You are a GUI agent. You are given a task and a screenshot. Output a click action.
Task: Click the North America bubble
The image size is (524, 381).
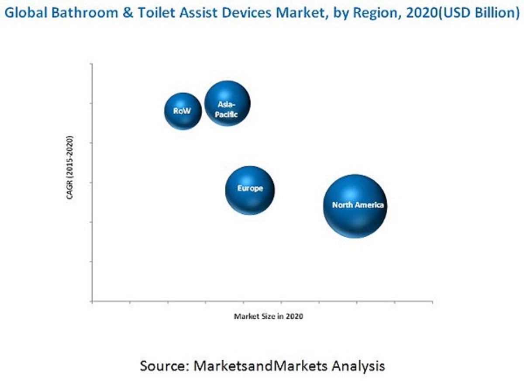coord(355,206)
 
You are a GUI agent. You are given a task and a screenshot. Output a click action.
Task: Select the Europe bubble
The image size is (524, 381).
coord(250,190)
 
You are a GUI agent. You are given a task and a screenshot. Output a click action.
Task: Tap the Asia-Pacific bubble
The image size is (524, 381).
coord(227,104)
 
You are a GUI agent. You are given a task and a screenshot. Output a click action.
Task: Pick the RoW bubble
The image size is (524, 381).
coord(183,111)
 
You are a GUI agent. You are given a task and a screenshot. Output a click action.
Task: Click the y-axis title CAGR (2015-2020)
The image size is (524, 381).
coord(70,168)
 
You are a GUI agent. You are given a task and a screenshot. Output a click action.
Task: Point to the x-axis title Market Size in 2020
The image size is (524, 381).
coord(268,317)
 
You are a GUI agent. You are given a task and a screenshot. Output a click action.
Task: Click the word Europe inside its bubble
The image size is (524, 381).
coord(250,188)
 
